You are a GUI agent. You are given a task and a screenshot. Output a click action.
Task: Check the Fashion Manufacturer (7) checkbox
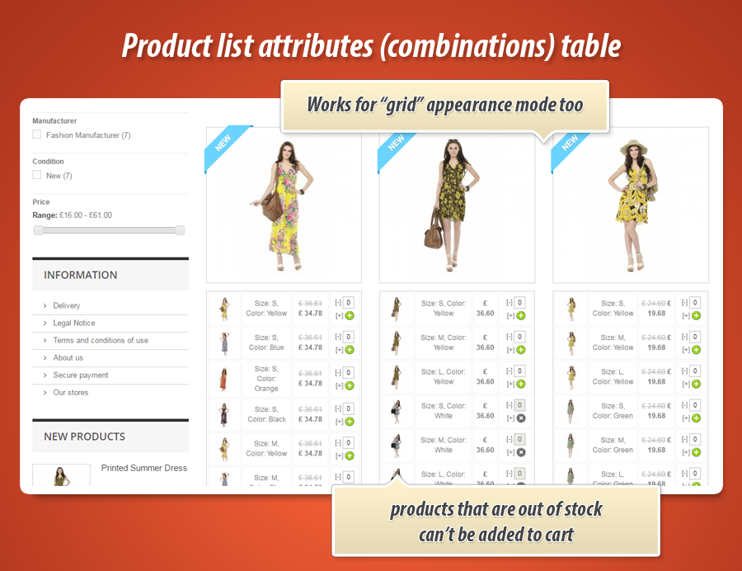tap(37, 134)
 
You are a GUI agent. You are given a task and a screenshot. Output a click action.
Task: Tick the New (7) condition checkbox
tap(37, 175)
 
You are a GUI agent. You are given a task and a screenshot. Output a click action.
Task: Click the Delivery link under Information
tap(67, 305)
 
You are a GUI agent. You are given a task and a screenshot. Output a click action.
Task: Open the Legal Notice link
tap(74, 323)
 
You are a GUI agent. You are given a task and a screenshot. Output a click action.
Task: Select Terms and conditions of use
tap(101, 340)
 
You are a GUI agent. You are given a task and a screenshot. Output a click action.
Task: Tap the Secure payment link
tap(81, 375)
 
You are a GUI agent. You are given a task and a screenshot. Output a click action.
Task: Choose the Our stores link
tap(71, 392)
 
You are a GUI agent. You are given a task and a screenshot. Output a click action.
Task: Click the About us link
tap(68, 357)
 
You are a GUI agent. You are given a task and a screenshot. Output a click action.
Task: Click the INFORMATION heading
tap(81, 275)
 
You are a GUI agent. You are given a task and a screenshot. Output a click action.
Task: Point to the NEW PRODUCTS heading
tap(85, 437)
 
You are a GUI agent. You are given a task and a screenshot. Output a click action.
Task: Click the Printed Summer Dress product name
tap(144, 468)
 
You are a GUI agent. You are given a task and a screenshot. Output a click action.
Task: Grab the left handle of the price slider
tap(38, 230)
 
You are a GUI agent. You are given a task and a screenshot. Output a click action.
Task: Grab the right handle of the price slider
tap(180, 230)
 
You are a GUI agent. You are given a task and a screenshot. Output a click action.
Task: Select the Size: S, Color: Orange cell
tap(266, 378)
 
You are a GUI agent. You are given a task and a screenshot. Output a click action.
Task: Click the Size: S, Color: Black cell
tap(266, 413)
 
